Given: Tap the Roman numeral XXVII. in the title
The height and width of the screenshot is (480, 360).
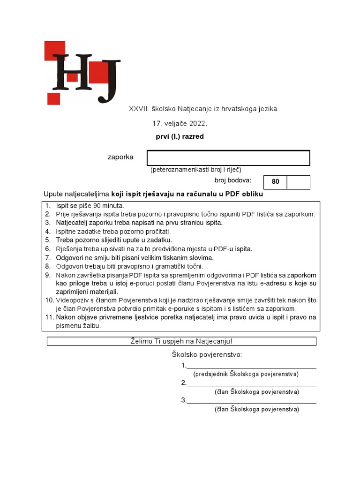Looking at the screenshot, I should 139,109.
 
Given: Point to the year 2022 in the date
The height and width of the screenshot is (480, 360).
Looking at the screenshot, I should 197,124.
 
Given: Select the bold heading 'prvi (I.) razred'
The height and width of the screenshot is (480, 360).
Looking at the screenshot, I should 180,137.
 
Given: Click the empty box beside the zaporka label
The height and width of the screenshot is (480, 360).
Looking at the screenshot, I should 228,158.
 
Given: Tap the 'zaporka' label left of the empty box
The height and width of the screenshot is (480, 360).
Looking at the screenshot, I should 120,157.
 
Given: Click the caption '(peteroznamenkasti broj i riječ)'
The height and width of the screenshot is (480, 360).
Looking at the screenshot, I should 195,170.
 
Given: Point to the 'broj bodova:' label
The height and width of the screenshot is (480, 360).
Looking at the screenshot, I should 233,180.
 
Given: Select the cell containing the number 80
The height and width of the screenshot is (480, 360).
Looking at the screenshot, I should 275,182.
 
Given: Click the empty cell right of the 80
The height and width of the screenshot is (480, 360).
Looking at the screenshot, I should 298,182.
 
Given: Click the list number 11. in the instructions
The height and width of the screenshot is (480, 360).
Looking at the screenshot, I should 49,317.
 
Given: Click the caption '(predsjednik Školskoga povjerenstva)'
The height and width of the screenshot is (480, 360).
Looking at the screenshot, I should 246,374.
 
